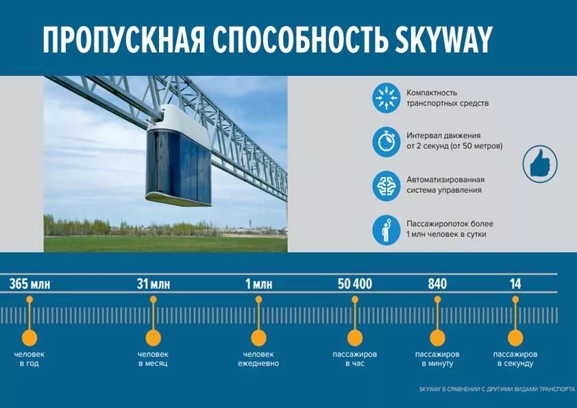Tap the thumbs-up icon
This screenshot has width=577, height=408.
coord(540,164)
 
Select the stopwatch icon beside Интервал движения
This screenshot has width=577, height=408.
coord(386,142)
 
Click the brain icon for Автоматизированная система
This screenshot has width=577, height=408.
coord(386,186)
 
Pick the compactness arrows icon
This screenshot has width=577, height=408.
coord(386,98)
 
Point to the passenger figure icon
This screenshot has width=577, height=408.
coord(386,230)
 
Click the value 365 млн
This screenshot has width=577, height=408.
coord(29,283)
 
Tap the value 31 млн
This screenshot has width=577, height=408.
coord(153,283)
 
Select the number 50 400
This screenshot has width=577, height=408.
coord(355,283)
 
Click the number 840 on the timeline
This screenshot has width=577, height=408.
coord(437,283)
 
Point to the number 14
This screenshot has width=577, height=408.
coord(515,283)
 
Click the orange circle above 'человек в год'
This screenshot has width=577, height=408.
coord(29,337)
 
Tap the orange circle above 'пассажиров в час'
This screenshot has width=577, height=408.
coord(355,337)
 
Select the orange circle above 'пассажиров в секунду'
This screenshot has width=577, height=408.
coord(515,337)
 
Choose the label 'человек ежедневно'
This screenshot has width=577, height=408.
coord(258,359)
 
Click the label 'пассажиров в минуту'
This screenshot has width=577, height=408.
coord(437,359)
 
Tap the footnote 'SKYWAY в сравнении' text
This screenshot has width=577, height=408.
coord(497,389)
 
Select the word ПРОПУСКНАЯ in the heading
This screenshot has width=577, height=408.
coord(123,40)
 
